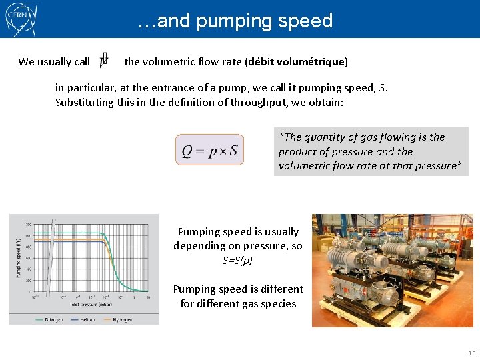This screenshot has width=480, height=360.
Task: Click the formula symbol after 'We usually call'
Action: pos(104,61)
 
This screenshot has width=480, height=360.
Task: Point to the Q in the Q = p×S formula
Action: pos(188,151)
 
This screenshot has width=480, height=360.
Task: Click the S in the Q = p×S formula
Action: pos(233,151)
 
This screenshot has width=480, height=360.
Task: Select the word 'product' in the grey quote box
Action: pos(298,151)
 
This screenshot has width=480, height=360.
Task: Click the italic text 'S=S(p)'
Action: pos(237,260)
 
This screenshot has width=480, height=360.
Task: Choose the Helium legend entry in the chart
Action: pos(84,320)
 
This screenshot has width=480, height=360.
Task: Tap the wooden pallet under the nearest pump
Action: pos(400,318)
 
